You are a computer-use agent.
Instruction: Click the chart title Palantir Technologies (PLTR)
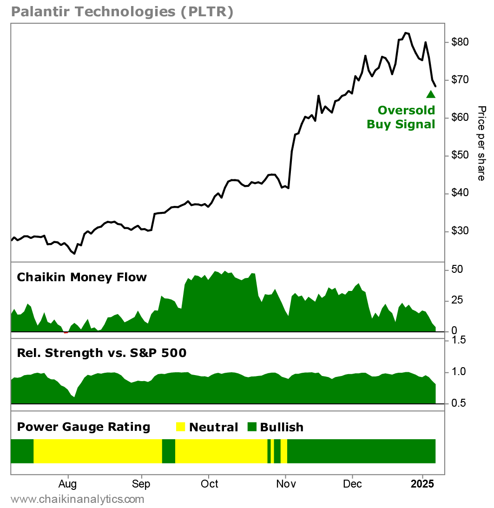click(122, 13)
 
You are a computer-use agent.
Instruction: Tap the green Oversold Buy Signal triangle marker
click(431, 94)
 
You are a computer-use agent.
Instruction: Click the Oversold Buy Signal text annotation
click(401, 117)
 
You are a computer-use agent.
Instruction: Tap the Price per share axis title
click(481, 143)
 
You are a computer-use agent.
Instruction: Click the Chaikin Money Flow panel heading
click(82, 277)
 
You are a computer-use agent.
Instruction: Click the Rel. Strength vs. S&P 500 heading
click(101, 353)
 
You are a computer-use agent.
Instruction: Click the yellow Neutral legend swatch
click(181, 427)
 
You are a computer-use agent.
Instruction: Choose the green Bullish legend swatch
click(251, 427)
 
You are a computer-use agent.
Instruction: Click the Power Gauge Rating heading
click(84, 427)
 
